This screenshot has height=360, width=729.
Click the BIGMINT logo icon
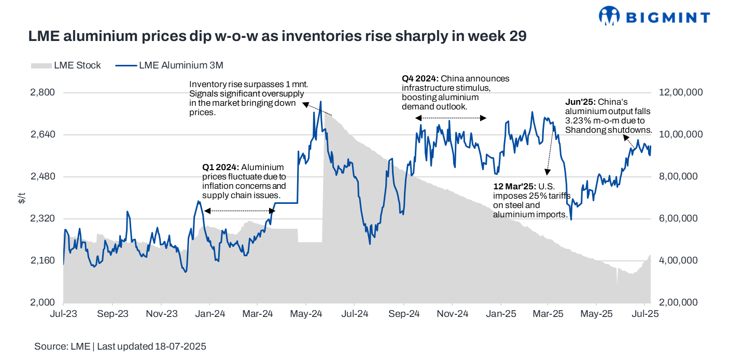point(609,16)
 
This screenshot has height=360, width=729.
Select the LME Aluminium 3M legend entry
point(181,65)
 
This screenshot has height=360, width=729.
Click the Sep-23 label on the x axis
point(113,314)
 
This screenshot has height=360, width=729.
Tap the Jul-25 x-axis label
point(644,314)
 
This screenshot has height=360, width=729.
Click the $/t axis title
point(21,198)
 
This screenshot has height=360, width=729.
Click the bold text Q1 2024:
point(221,168)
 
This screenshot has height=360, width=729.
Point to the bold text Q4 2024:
point(420,79)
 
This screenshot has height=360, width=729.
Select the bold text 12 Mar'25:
point(514,186)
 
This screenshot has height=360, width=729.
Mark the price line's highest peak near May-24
point(321,102)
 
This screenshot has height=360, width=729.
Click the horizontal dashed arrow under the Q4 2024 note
point(451,118)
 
